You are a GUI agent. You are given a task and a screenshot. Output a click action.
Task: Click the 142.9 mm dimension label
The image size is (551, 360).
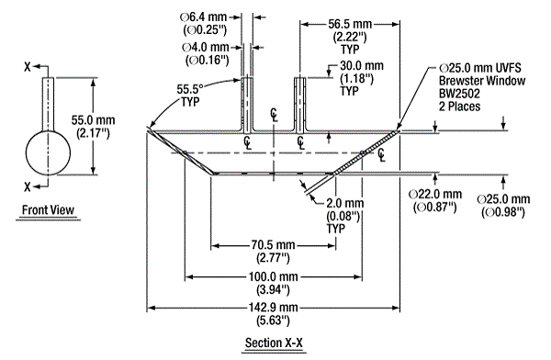click(x=274, y=308)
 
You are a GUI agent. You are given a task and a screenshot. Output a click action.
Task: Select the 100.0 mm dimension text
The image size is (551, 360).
click(x=274, y=276)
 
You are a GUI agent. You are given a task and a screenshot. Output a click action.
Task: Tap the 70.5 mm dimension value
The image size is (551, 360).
click(x=273, y=245)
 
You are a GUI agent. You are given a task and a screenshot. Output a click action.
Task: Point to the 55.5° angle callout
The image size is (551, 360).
click(x=190, y=88)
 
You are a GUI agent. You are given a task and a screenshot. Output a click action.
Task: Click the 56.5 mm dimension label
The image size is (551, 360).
click(x=350, y=24)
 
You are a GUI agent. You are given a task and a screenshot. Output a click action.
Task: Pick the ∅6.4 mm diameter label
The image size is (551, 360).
click(x=204, y=17)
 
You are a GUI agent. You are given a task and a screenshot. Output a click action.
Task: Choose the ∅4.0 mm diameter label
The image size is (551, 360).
click(x=206, y=47)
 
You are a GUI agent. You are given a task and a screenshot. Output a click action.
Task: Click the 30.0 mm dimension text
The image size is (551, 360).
click(x=362, y=66)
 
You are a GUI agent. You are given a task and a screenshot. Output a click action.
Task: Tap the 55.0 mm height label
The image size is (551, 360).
click(x=93, y=120)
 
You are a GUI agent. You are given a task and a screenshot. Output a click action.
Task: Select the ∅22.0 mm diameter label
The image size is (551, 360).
click(x=435, y=194)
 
